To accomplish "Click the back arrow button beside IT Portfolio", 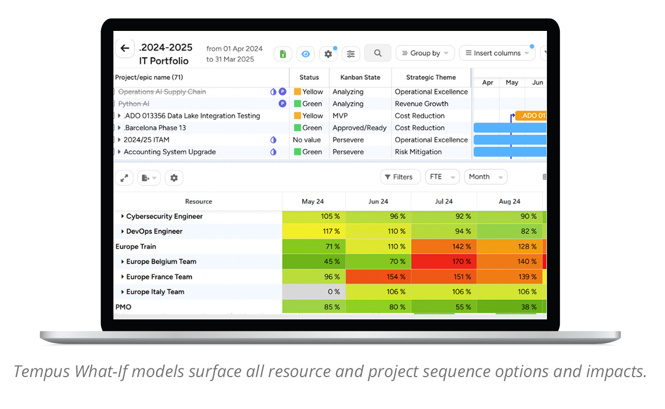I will (125, 48).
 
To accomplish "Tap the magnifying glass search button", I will (378, 53).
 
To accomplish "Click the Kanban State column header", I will (360, 77).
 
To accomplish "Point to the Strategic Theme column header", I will (431, 77).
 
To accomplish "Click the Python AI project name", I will (134, 104).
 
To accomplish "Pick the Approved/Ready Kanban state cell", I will (359, 128).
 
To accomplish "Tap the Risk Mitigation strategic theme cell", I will (418, 152).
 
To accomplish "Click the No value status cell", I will (307, 140).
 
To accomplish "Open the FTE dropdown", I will (442, 177).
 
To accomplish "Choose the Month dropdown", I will (486, 177).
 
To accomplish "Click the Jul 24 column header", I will (443, 201).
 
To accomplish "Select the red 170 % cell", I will (444, 261).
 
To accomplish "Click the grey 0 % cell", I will (314, 292).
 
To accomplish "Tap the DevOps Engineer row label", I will (154, 231).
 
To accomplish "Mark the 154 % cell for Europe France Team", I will (378, 277).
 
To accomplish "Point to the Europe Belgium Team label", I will (161, 262).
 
